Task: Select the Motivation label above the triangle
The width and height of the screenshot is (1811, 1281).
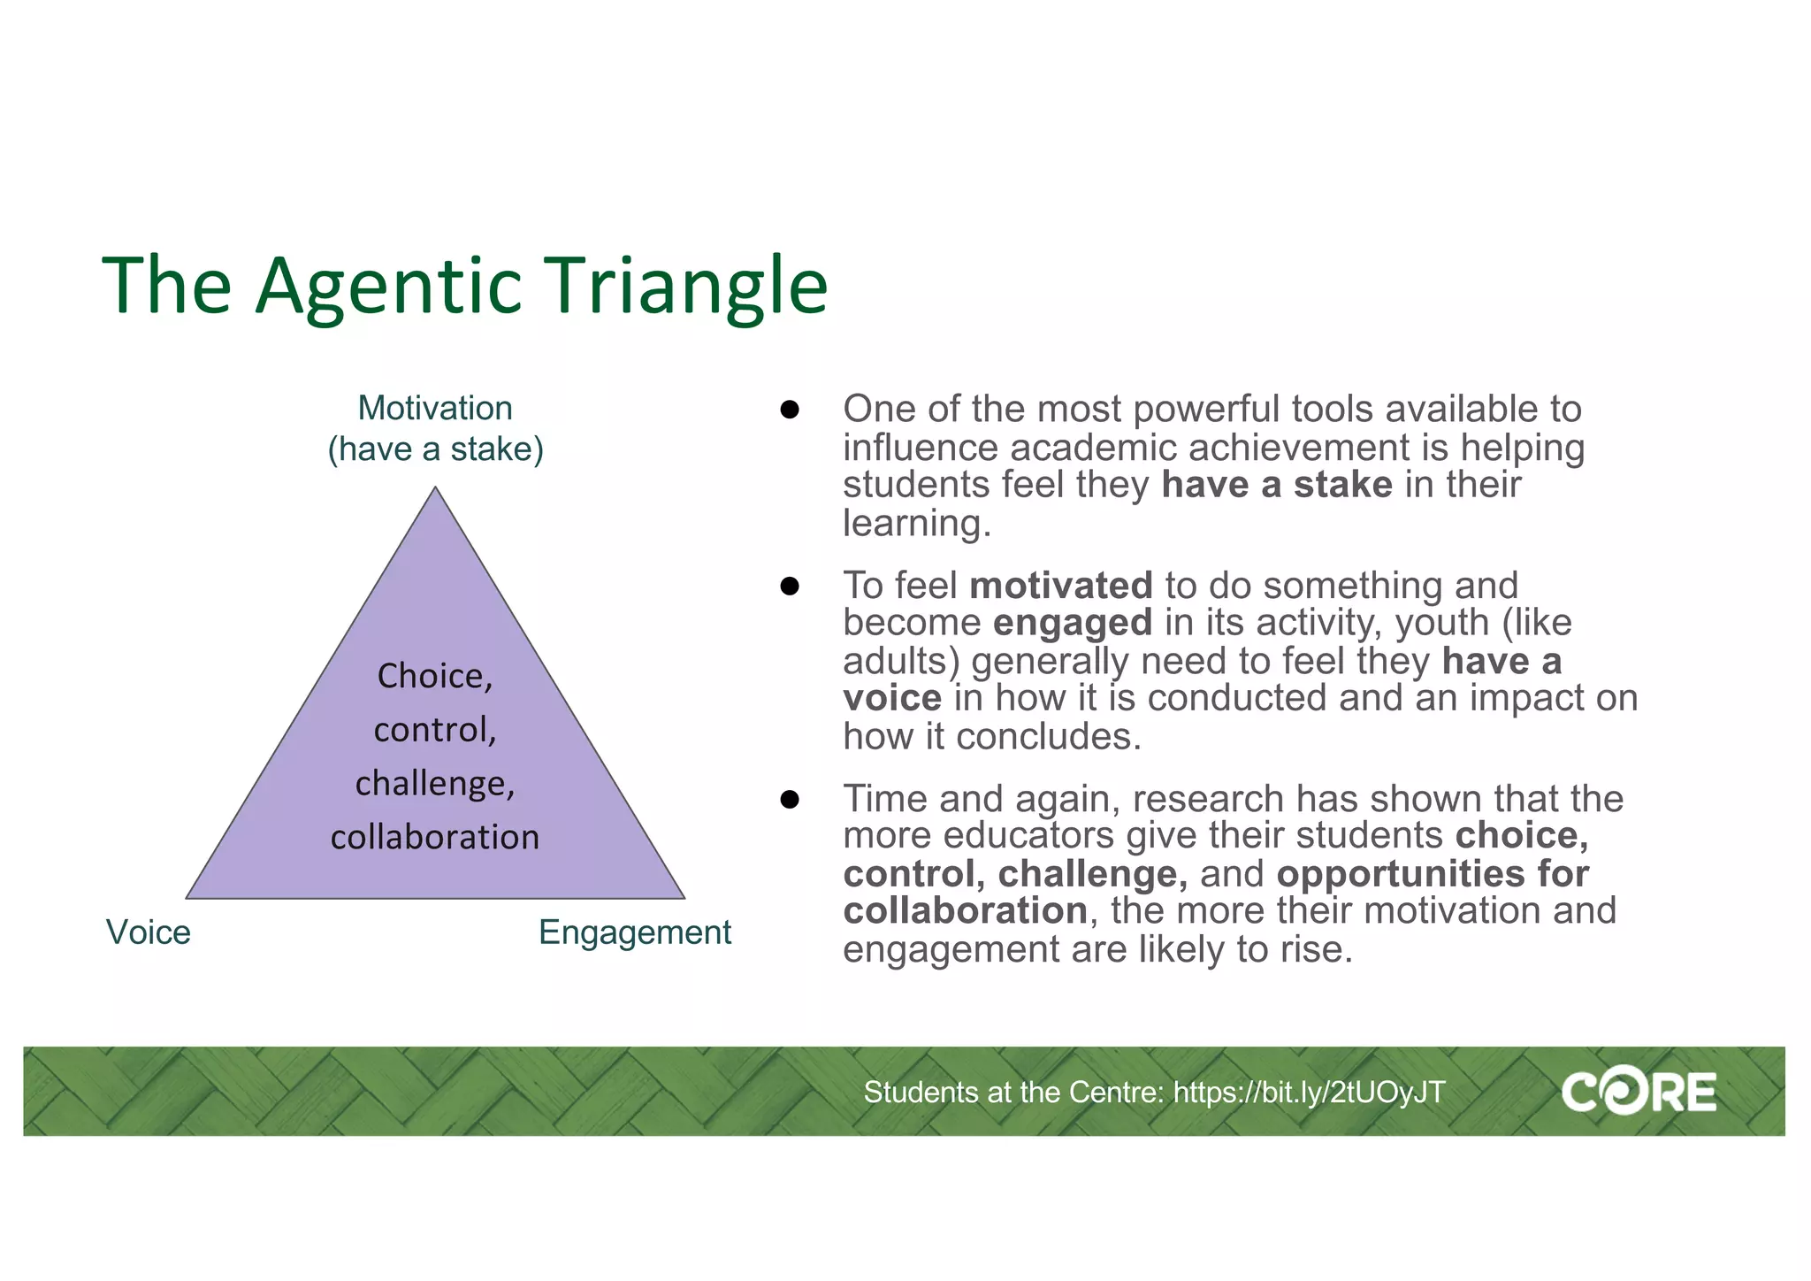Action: click(x=435, y=408)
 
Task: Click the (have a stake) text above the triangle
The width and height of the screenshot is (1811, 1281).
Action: click(x=435, y=449)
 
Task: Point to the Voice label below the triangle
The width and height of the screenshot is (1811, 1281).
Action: click(x=148, y=932)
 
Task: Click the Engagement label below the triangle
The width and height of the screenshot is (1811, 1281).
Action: click(x=634, y=932)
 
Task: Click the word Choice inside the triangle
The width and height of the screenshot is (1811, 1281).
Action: click(x=430, y=677)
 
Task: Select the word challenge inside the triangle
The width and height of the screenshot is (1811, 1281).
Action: click(x=432, y=784)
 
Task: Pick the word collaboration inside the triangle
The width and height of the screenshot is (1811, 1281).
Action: click(x=435, y=837)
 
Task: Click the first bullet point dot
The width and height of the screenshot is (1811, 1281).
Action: click(x=790, y=410)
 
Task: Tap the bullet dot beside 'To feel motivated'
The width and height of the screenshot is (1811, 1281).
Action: click(x=790, y=587)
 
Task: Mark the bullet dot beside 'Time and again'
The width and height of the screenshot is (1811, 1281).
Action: click(x=790, y=800)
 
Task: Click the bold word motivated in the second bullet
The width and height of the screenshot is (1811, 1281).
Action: click(x=1060, y=586)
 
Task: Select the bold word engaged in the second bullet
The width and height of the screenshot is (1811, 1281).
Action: click(x=1072, y=623)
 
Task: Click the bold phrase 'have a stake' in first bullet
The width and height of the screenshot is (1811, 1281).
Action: click(x=1276, y=485)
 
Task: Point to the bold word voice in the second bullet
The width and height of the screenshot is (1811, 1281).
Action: click(x=891, y=698)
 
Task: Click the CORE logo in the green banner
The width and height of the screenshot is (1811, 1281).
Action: click(x=1638, y=1093)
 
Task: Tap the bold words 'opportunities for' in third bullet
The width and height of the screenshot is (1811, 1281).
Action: click(x=1432, y=874)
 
